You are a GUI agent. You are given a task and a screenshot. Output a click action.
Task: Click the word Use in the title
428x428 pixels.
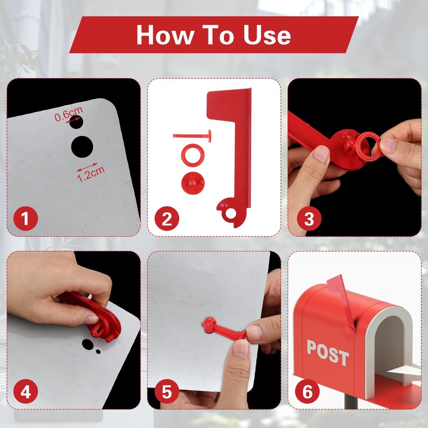click(267, 35)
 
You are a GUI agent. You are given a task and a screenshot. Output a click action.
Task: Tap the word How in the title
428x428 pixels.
click(165, 35)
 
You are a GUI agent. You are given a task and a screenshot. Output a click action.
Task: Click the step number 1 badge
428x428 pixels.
click(26, 218)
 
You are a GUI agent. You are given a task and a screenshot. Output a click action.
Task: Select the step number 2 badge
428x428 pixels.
click(167, 218)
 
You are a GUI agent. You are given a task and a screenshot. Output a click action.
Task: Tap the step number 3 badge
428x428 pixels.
click(309, 218)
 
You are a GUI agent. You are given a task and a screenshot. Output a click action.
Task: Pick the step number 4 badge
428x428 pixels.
click(26, 392)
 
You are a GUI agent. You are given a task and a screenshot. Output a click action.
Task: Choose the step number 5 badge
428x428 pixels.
click(167, 392)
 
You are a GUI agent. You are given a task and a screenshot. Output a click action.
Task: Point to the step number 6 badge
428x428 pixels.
click(307, 392)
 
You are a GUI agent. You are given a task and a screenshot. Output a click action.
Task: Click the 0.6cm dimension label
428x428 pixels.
click(68, 114)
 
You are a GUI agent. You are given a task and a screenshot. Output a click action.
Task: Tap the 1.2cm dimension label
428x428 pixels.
click(91, 174)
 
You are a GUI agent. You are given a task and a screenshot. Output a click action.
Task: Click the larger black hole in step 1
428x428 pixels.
click(82, 146)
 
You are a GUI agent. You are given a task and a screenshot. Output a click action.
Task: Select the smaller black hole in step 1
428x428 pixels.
click(76, 122)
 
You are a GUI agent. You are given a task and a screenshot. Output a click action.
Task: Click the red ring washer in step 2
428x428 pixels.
click(193, 155)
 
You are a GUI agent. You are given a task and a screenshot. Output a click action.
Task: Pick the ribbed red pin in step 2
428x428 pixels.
click(192, 136)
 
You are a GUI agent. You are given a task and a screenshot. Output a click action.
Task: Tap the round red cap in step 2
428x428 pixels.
click(193, 183)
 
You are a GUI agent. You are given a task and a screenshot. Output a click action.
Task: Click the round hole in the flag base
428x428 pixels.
click(231, 214)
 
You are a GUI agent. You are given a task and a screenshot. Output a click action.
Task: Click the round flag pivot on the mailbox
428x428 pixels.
click(348, 333)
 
